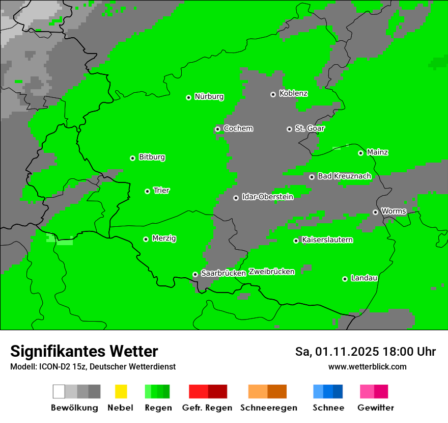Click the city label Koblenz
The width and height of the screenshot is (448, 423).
pos(293,93)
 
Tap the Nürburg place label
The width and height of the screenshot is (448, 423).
pos(209,96)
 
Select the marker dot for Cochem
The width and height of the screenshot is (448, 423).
pos(218,129)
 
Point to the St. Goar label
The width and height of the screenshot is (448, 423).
pos(310,128)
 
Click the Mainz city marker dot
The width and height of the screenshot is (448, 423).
pos(361,153)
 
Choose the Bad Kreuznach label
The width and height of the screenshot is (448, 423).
pos(344,176)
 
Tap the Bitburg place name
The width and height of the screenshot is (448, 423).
pos(152,157)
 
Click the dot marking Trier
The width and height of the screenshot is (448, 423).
pos(148,191)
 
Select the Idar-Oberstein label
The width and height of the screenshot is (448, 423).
pos(268,197)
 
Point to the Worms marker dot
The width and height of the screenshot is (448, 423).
pos(376,212)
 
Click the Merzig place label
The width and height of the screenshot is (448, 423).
pos(164,239)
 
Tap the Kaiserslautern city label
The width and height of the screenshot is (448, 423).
pos(327,240)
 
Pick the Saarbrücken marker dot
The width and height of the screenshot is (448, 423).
pos(195,274)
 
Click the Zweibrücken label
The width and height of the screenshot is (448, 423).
pos(272,272)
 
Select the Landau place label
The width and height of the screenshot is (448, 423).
pos(364,278)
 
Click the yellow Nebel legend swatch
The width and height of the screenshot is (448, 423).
pos(121,391)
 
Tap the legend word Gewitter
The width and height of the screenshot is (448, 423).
pos(376,408)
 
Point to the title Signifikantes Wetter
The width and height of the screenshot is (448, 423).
pos(84,351)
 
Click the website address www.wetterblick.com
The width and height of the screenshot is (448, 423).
pos(367,366)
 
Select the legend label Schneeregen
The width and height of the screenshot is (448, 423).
pos(268,408)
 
